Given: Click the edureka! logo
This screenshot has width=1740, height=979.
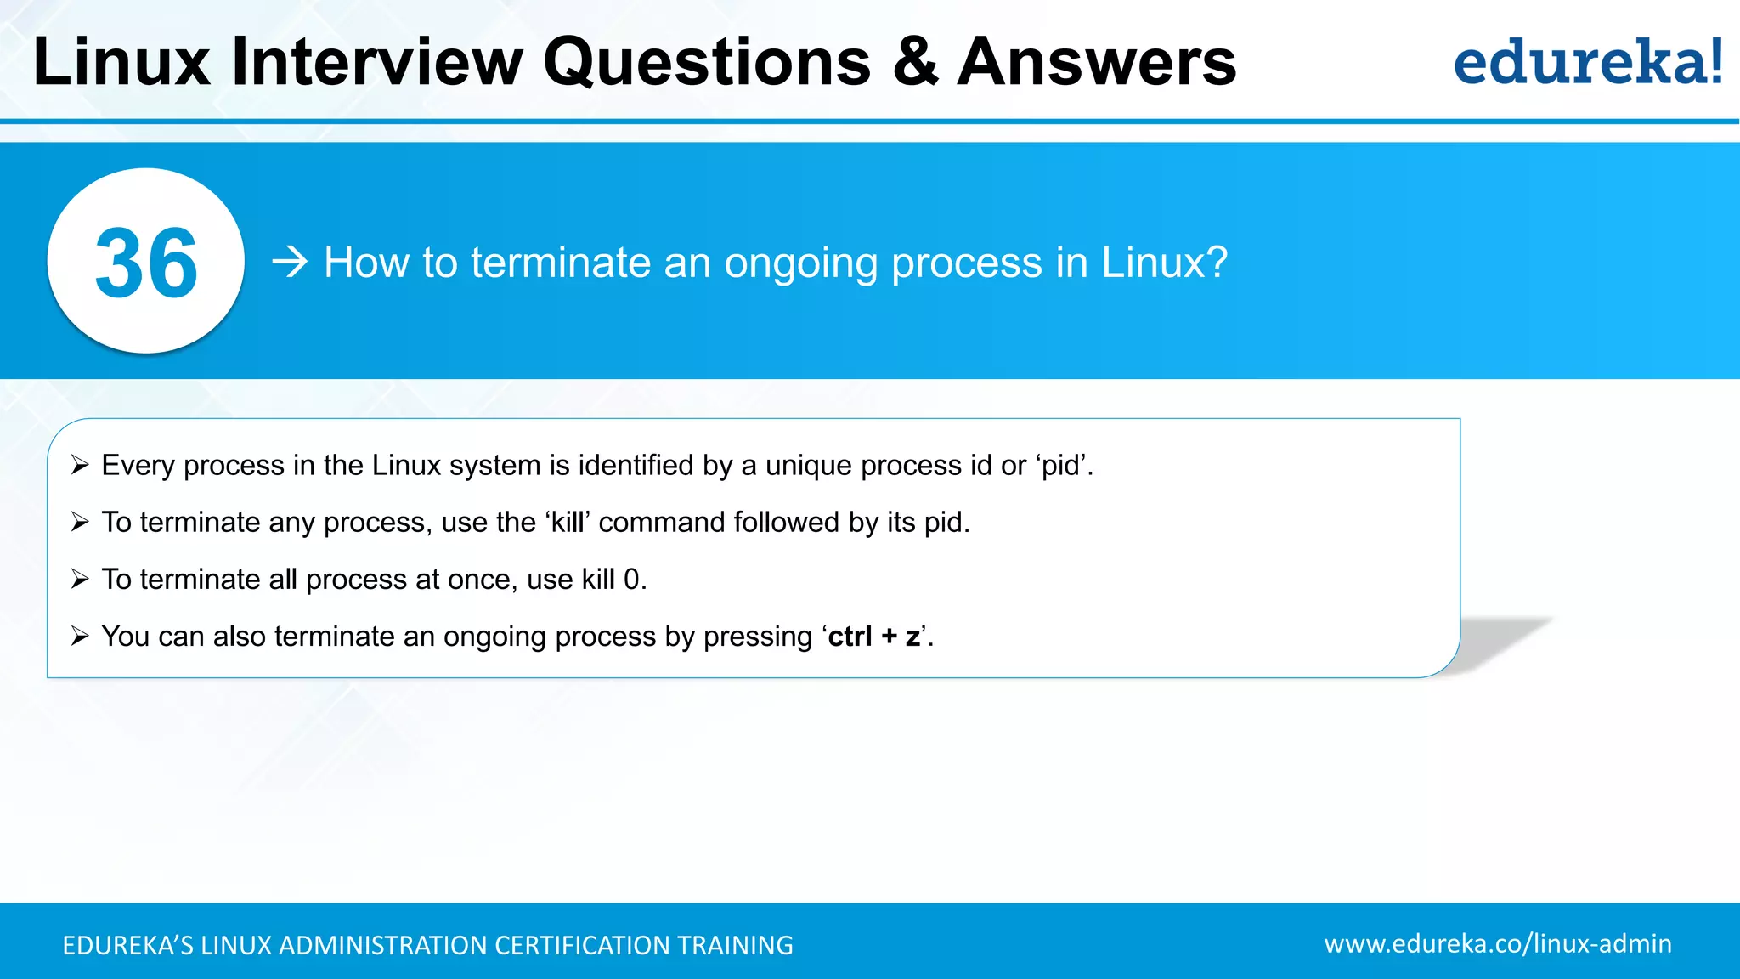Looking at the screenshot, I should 1587,63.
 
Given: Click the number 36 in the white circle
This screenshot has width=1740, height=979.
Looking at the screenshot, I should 146,263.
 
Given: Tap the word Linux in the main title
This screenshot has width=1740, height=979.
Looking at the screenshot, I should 121,63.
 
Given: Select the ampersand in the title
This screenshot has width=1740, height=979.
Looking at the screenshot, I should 915,63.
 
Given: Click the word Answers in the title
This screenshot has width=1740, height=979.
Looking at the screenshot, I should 1096,63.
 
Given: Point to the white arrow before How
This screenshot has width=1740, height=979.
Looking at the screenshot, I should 290,262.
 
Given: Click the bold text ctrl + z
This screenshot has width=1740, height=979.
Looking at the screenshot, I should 874,637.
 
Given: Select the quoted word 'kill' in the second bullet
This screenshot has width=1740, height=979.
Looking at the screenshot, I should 568,522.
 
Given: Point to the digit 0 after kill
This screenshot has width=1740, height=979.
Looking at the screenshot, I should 631,580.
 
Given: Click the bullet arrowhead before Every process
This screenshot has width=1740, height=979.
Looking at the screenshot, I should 80,465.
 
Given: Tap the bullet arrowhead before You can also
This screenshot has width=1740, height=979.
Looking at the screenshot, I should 80,636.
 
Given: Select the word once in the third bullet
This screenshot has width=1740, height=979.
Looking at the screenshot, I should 479,580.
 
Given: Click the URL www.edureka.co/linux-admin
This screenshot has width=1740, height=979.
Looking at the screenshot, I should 1497,943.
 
